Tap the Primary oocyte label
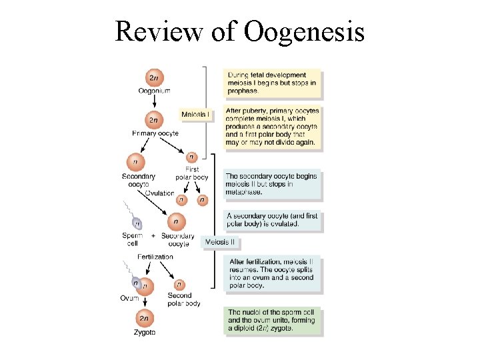pos(155,133)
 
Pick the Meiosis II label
pos(222,241)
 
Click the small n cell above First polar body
pos(191,157)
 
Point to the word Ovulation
pos(159,193)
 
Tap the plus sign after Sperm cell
pos(153,235)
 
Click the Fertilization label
pos(155,257)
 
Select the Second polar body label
pos(183,299)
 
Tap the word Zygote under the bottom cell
pos(145,332)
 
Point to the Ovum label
pos(129,298)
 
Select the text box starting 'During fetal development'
pos(271,83)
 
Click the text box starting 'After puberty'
pos(273,127)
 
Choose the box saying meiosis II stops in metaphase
pos(273,184)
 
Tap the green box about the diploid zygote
pos(273,321)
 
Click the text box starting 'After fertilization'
pos(273,273)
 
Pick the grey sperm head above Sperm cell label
pos(137,223)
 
